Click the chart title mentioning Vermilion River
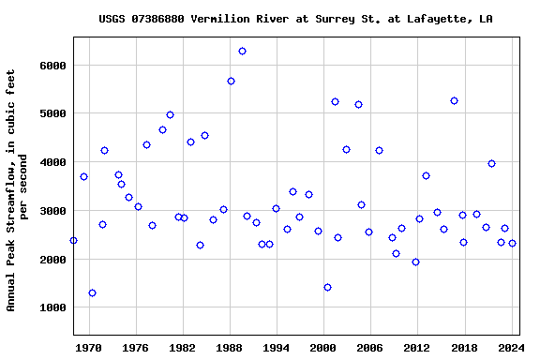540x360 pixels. tap(295, 19)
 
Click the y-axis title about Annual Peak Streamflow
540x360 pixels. tap(17, 190)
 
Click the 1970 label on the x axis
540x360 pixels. tap(89, 347)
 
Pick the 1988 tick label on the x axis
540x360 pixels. tap(230, 347)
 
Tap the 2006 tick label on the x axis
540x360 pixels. tap(369, 347)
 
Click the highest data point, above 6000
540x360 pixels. tap(242, 51)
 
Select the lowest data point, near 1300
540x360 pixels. tap(92, 292)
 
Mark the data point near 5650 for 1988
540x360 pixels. tap(231, 81)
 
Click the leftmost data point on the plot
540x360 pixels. tap(73, 240)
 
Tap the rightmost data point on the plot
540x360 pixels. tap(512, 243)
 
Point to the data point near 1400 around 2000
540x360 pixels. tap(327, 287)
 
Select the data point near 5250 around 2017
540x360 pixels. tap(454, 100)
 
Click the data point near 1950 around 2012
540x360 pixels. tap(415, 262)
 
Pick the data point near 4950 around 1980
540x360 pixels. tap(170, 114)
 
